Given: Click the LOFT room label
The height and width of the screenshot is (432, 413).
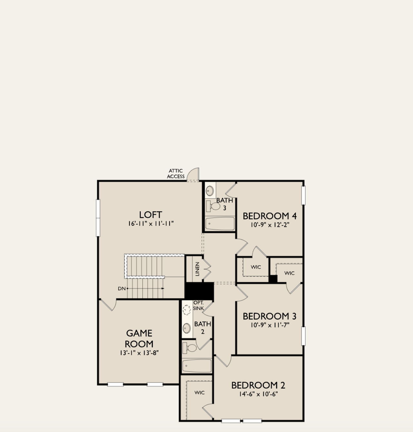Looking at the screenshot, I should [x=150, y=215].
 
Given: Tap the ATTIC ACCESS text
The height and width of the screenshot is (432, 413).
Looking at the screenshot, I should [x=176, y=174].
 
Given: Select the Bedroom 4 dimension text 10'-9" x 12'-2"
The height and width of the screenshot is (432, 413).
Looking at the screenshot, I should [x=270, y=225].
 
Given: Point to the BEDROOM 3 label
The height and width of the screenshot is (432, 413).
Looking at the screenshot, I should [x=269, y=316].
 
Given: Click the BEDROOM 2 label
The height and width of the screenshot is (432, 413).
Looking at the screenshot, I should [x=258, y=385].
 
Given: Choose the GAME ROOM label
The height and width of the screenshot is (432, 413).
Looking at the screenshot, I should [x=139, y=338].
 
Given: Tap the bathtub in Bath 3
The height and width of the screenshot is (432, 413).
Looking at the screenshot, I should [x=220, y=224].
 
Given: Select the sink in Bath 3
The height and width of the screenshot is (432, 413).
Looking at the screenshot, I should [x=210, y=191].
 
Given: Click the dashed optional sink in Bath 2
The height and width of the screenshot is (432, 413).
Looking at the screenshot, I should [x=187, y=310].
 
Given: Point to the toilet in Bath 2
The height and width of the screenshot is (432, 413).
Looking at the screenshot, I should [x=190, y=348].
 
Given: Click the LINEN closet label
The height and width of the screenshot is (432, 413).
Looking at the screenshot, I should [x=197, y=269].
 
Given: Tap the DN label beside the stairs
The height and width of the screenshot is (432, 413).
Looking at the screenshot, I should [x=122, y=288].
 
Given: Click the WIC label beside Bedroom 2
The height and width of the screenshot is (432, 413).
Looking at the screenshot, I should [x=199, y=393].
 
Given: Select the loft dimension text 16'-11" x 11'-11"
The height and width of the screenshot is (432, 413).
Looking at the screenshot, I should [x=151, y=224].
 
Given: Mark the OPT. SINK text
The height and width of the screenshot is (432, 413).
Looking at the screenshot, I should [x=198, y=306].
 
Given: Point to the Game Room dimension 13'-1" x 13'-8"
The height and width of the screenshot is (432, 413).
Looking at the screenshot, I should [x=139, y=353].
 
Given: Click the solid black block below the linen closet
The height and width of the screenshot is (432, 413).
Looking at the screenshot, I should [x=199, y=291].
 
